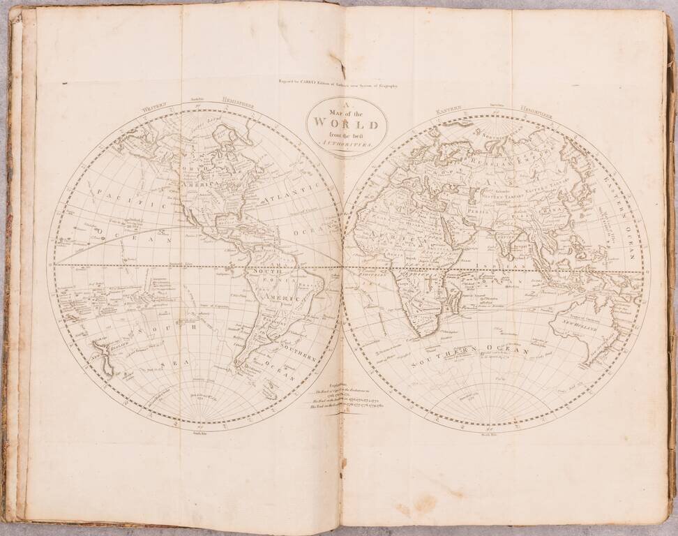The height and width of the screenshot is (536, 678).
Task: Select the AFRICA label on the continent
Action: pos(384,237)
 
